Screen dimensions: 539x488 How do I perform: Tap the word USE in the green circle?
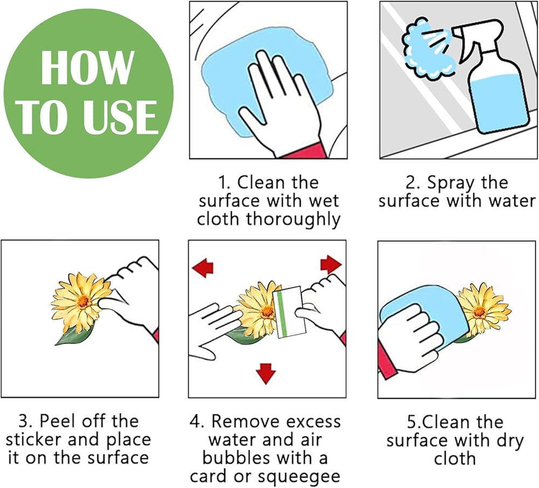pyautogui.click(x=121, y=117)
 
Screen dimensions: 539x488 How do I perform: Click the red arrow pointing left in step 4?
pyautogui.click(x=203, y=267)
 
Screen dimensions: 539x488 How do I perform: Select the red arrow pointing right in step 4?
pyautogui.click(x=331, y=264)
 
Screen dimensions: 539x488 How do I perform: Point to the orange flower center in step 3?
pyautogui.click(x=84, y=301)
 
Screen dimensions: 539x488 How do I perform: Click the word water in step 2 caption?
pyautogui.click(x=512, y=200)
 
